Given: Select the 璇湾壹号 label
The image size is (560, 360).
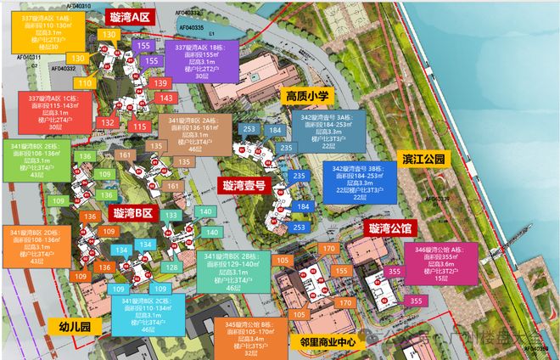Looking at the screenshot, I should tap(244, 185).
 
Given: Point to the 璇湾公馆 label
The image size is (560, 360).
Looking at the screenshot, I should tap(389, 228).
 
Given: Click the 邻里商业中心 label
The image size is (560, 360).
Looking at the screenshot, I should tap(327, 341).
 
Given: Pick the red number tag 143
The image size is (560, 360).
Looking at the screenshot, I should tap(166, 98).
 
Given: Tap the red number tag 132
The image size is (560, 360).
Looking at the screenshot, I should tap(109, 123).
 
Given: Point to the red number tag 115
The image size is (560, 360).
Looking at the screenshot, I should tap(140, 126).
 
